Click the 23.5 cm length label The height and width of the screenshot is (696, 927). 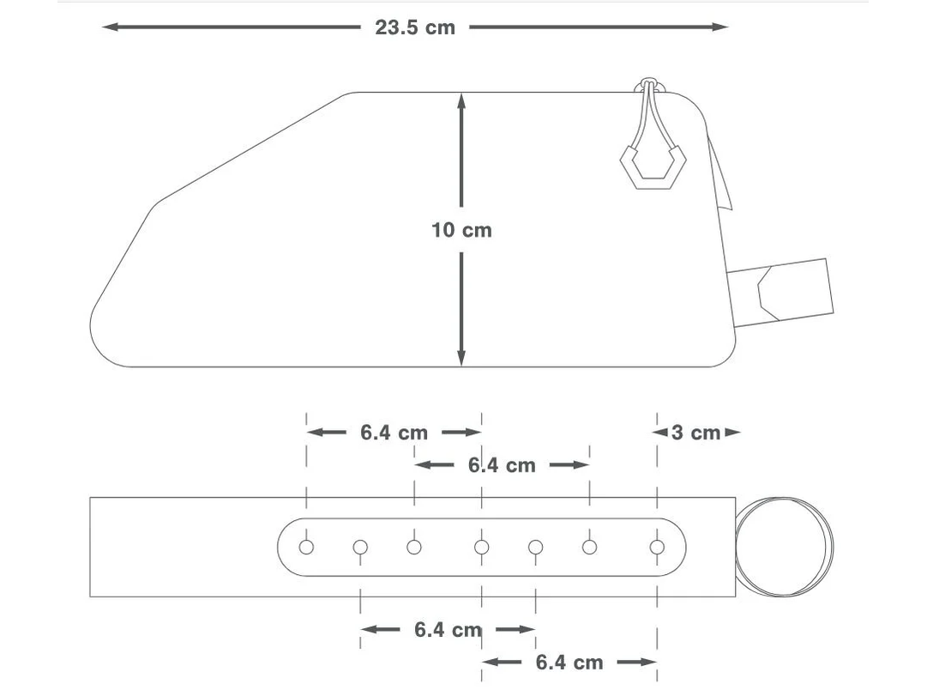[415, 27]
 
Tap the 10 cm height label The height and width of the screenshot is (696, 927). [461, 230]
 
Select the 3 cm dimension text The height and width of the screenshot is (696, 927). [695, 433]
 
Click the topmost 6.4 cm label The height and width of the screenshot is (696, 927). [394, 433]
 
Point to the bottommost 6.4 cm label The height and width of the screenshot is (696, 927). [569, 663]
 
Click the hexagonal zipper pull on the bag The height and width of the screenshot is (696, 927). [653, 166]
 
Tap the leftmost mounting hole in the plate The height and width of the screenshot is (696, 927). [306, 547]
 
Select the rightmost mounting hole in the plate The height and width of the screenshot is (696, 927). [657, 547]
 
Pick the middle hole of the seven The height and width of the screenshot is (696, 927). [482, 547]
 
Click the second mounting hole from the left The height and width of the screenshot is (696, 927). [360, 547]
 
